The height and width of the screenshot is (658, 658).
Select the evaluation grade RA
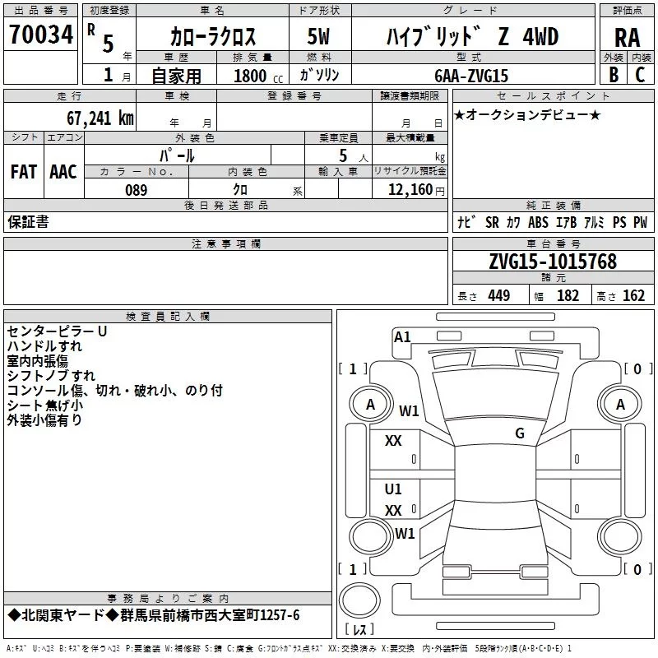pos(627,37)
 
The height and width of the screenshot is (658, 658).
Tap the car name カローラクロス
pos(213,37)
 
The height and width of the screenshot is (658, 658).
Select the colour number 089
pos(136,189)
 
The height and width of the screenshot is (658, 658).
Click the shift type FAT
pos(23,172)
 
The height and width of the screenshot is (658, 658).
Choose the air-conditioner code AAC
pos(63,172)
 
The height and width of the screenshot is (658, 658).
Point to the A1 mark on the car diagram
pos(402,336)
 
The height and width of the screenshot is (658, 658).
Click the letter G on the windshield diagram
pos(519,433)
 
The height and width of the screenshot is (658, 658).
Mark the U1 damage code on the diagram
pos(393,489)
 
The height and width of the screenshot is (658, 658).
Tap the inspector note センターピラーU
pos(57,331)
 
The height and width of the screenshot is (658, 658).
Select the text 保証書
pos(28,221)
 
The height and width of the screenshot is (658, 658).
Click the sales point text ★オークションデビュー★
pos(526,114)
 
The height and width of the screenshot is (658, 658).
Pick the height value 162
pos(633,296)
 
